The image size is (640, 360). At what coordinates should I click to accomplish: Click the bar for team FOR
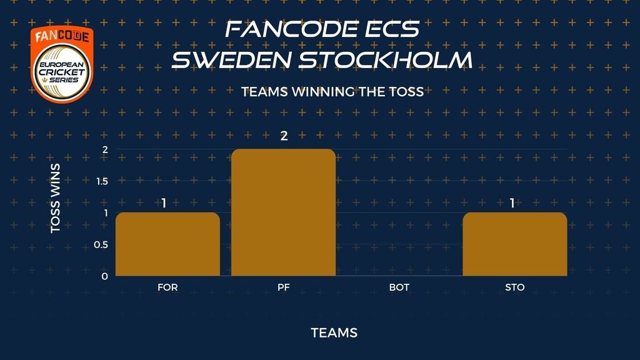point(167,244)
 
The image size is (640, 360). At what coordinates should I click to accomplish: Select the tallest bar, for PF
point(283,212)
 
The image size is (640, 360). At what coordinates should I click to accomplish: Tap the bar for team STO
point(515,244)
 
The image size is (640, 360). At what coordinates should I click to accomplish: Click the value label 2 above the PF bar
point(284,136)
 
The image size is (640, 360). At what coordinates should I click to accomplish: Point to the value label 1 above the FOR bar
point(164,203)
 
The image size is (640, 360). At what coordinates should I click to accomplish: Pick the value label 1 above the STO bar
point(512,203)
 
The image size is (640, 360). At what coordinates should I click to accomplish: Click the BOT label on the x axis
point(399,287)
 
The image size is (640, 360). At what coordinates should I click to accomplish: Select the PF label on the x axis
point(284,287)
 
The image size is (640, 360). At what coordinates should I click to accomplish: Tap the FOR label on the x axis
point(167,287)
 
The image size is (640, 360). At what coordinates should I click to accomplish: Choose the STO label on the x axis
point(515,287)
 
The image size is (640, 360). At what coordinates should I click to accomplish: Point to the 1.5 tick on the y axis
point(102,181)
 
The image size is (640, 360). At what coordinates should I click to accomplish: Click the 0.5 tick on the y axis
point(101,244)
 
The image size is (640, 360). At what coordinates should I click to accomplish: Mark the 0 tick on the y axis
point(105,276)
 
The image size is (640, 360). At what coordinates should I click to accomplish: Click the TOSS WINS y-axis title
point(56,198)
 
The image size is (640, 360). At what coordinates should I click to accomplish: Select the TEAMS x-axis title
point(334,333)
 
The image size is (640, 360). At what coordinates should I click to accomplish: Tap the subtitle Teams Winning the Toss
point(332,92)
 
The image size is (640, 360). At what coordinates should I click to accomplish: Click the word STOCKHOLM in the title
point(386,59)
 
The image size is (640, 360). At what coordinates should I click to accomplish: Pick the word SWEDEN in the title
point(231,59)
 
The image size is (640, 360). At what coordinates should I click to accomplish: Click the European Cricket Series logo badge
point(62,64)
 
